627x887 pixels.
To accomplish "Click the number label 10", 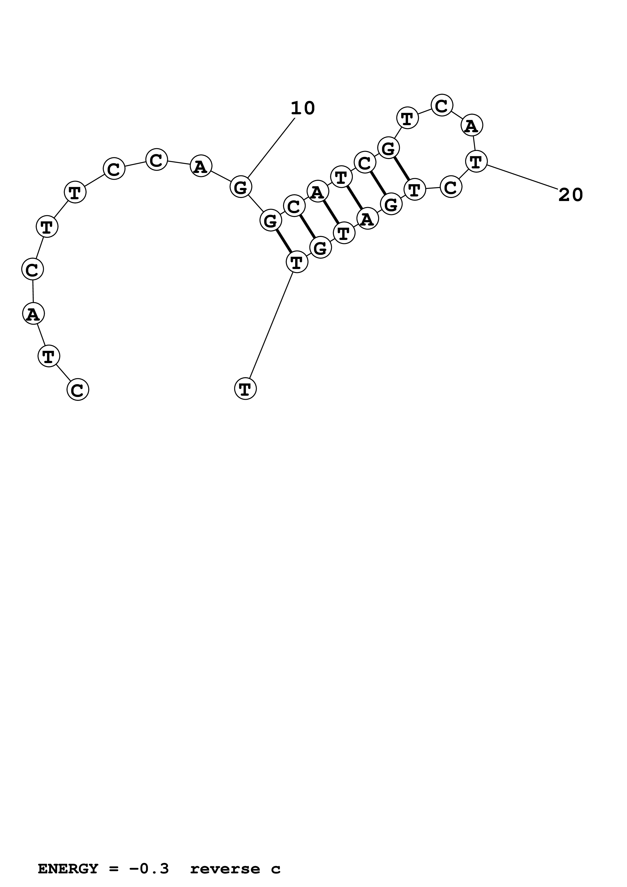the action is click(302, 108).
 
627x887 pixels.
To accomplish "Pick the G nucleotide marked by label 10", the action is click(241, 187).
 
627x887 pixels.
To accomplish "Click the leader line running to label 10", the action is click(271, 148).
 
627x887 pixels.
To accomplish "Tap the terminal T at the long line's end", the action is click(245, 389).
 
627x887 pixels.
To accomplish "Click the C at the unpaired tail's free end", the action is click(78, 389).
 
